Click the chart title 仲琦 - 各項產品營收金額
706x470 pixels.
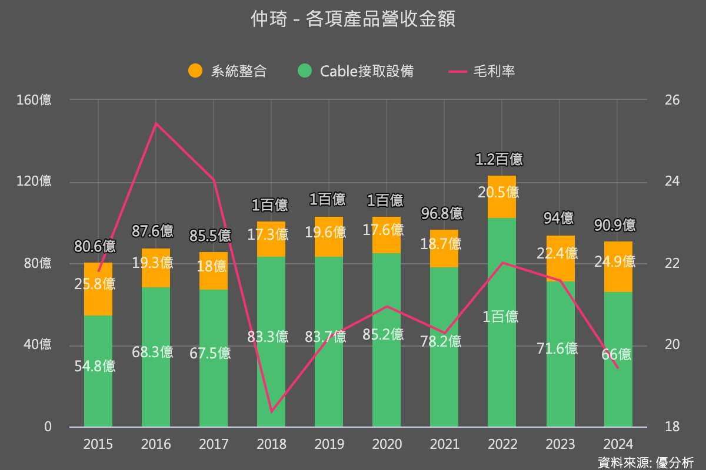click(353, 20)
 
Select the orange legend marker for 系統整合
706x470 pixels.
click(195, 71)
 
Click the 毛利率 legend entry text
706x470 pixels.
click(494, 71)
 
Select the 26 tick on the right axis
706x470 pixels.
click(672, 100)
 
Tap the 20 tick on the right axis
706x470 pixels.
click(672, 344)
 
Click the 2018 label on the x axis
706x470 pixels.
click(271, 444)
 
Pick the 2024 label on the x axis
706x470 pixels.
click(618, 444)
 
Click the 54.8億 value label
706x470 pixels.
click(95, 366)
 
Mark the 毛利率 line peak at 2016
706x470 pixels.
click(156, 123)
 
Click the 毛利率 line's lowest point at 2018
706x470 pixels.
click(271, 412)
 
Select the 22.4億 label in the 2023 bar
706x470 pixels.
click(557, 253)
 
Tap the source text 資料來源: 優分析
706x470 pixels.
click(645, 462)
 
